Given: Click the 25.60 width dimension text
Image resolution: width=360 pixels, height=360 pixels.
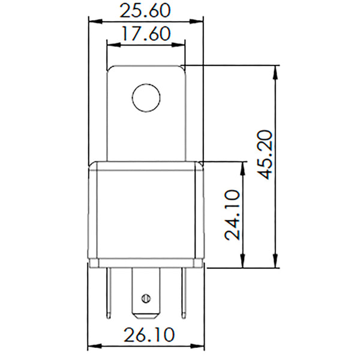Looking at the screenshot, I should [x=145, y=10].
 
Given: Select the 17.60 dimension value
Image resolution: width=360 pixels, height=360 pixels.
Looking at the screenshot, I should [x=145, y=34].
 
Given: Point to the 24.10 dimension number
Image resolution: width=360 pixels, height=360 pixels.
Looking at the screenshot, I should [x=234, y=215].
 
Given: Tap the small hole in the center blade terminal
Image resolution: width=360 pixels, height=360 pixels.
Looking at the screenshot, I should [x=144, y=298].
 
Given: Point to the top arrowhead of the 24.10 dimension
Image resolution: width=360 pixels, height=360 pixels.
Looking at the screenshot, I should [x=243, y=166].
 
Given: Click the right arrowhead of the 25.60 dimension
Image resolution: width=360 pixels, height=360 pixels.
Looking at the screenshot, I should [x=199, y=20].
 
